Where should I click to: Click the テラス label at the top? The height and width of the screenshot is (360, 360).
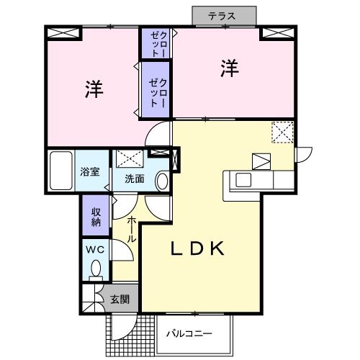click(223, 15)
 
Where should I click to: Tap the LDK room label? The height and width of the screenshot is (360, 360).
click(198, 250)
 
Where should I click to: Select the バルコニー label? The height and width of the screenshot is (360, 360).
click(189, 333)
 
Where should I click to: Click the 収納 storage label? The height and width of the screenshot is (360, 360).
click(95, 215)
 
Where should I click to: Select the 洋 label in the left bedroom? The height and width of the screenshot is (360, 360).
click(93, 89)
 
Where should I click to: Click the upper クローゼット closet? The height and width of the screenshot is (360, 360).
click(157, 43)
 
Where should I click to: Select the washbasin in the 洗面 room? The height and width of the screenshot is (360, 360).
click(162, 180)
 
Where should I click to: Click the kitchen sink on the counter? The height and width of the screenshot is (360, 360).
click(243, 179)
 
